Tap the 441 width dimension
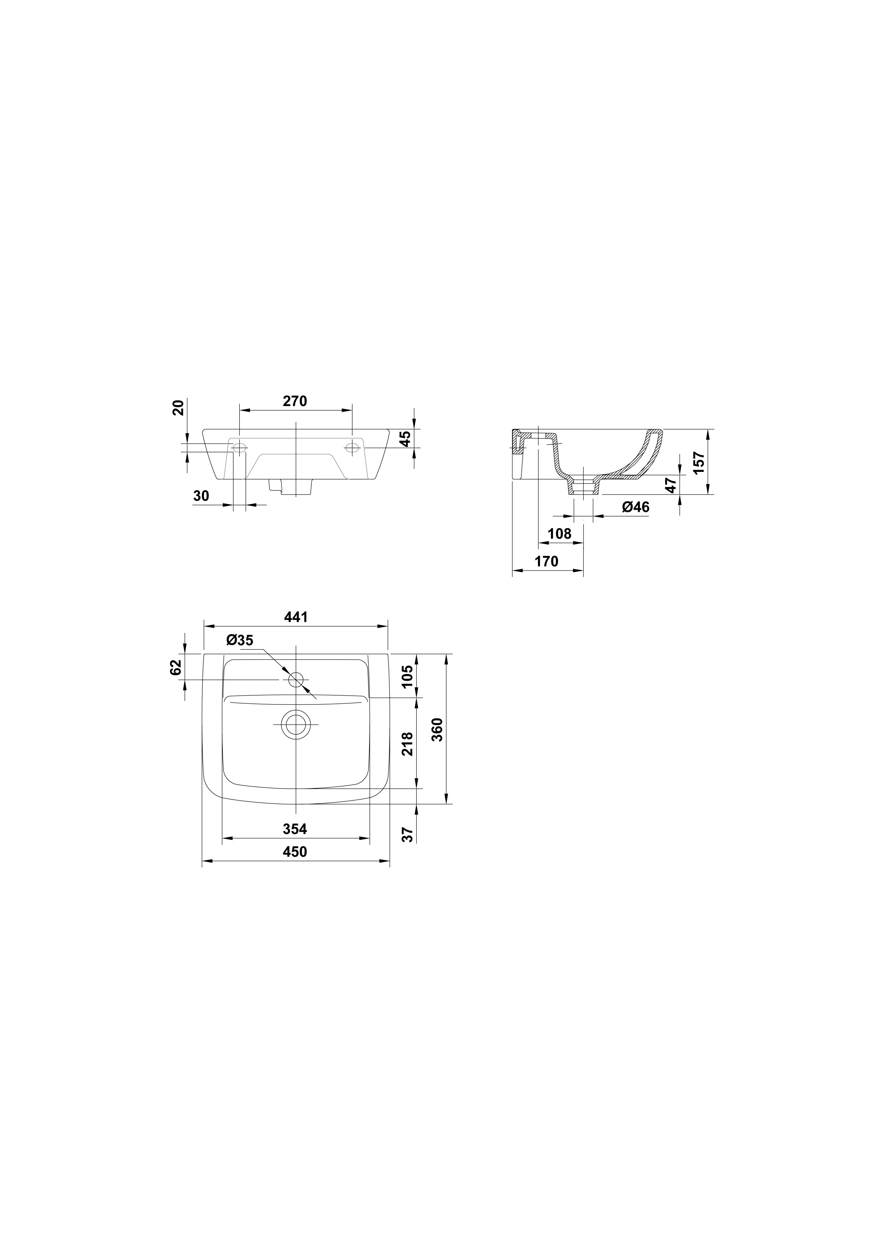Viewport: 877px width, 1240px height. [296, 617]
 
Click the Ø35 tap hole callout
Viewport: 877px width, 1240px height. [240, 640]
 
